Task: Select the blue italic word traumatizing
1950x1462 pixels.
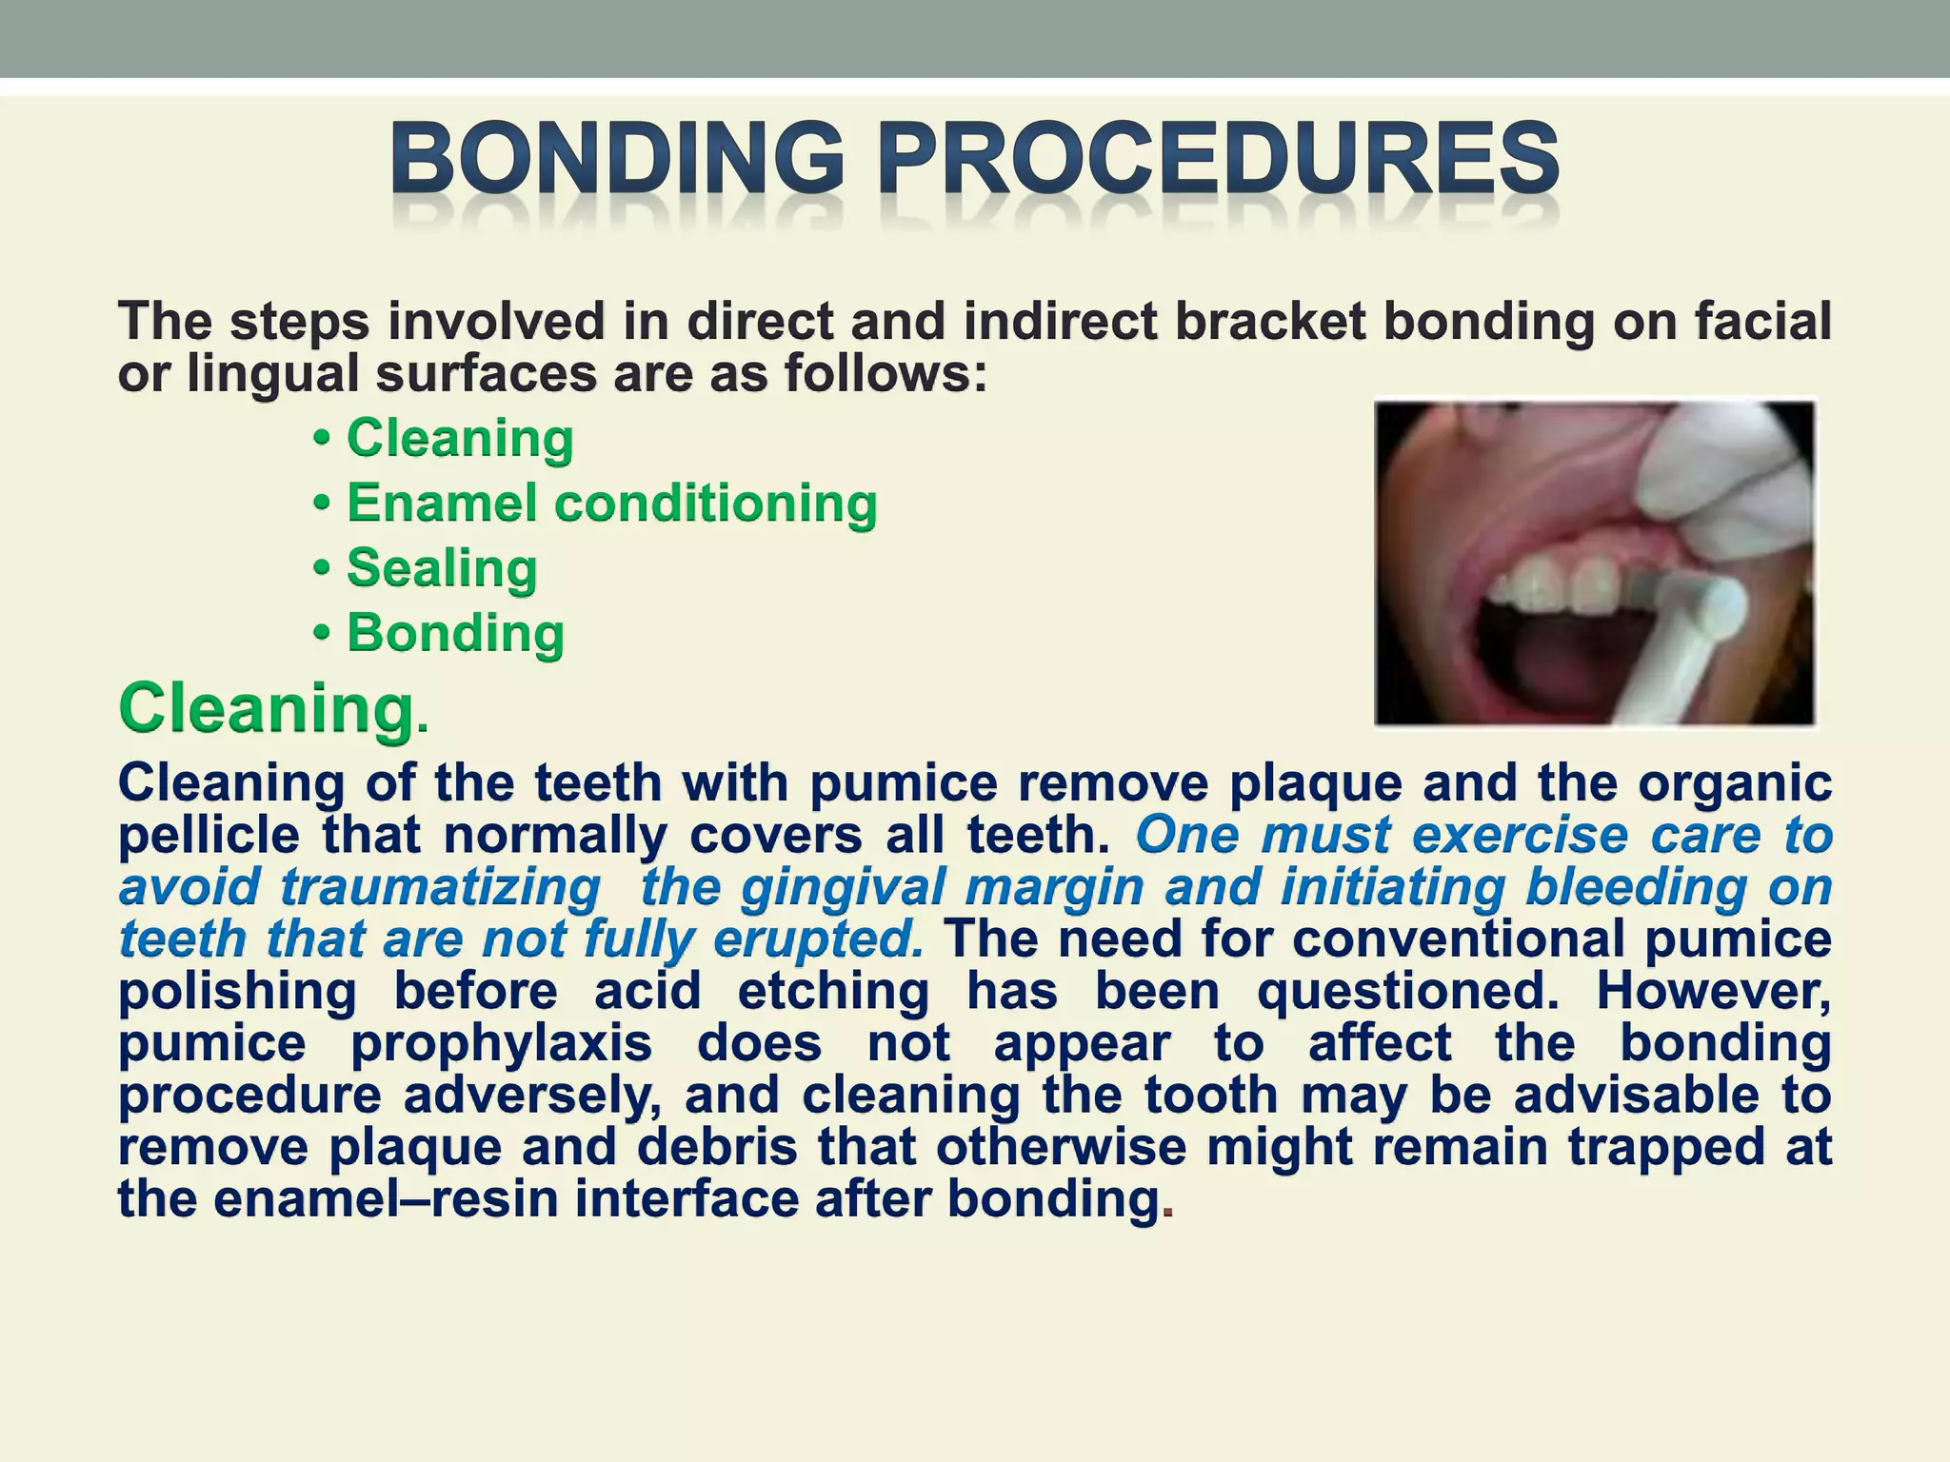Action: (440, 887)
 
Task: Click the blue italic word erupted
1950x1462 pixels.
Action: (818, 939)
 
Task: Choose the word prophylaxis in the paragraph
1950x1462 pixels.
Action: (501, 1043)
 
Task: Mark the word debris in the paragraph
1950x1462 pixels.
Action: (717, 1147)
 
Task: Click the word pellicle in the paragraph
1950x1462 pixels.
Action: (210, 836)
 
